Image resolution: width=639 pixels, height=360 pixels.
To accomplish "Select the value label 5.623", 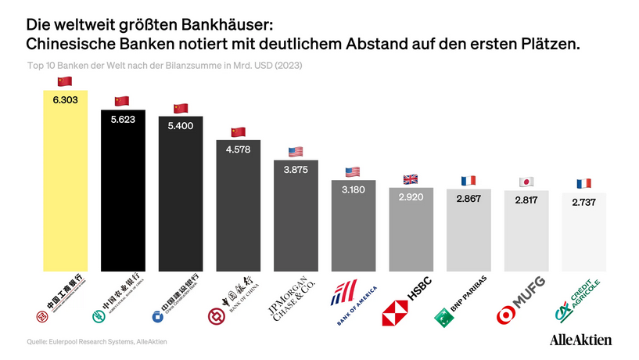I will tap(122, 122).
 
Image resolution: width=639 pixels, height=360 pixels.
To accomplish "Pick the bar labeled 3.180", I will tap(354, 227).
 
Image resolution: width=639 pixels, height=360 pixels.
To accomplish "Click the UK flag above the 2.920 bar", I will tap(411, 178).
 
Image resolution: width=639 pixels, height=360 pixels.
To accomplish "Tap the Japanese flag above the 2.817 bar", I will tap(526, 182).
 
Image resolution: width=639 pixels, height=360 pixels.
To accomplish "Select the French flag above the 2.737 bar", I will tap(584, 183).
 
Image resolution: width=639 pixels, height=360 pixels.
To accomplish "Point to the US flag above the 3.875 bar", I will tap(296, 152).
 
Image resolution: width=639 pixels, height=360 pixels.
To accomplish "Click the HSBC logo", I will tap(407, 301).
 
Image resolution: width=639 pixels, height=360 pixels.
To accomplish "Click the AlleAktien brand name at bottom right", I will tap(581, 340).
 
